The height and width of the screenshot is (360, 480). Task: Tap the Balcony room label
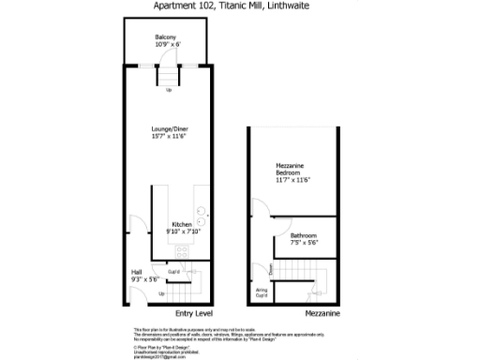[x=167, y=37]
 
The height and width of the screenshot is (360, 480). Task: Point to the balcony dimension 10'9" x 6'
[x=167, y=45]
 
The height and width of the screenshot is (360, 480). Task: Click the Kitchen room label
[x=181, y=223]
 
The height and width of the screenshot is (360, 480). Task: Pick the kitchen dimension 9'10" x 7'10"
[x=181, y=231]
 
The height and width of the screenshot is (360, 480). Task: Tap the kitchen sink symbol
[x=201, y=212]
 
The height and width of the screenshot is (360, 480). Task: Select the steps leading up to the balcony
[x=169, y=77]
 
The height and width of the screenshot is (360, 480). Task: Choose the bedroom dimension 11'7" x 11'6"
[x=293, y=180]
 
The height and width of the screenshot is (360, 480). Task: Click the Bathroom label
[x=303, y=234]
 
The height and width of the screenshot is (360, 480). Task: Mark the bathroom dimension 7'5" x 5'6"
[x=304, y=242]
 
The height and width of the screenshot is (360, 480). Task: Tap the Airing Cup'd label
[x=262, y=292]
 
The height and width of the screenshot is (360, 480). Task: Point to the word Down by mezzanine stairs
[x=271, y=269]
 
